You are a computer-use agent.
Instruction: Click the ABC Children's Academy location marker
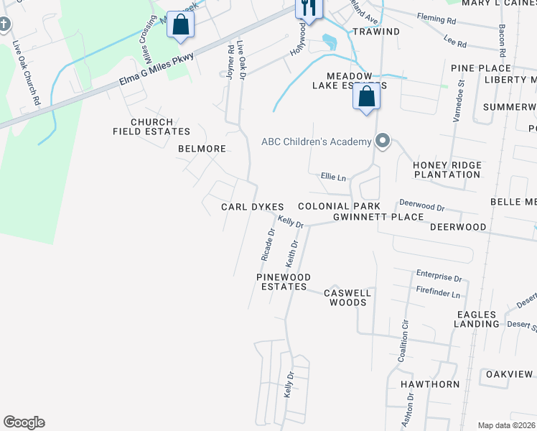click(383, 142)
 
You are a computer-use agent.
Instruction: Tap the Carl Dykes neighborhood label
click(253, 207)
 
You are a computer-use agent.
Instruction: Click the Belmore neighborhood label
click(202, 149)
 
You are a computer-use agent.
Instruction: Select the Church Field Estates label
click(151, 127)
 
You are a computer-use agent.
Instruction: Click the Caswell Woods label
click(347, 297)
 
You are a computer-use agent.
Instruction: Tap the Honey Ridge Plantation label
click(447, 170)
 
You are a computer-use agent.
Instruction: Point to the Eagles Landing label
click(476, 319)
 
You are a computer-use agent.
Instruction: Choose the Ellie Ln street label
click(332, 177)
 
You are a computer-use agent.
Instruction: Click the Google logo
click(24, 422)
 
